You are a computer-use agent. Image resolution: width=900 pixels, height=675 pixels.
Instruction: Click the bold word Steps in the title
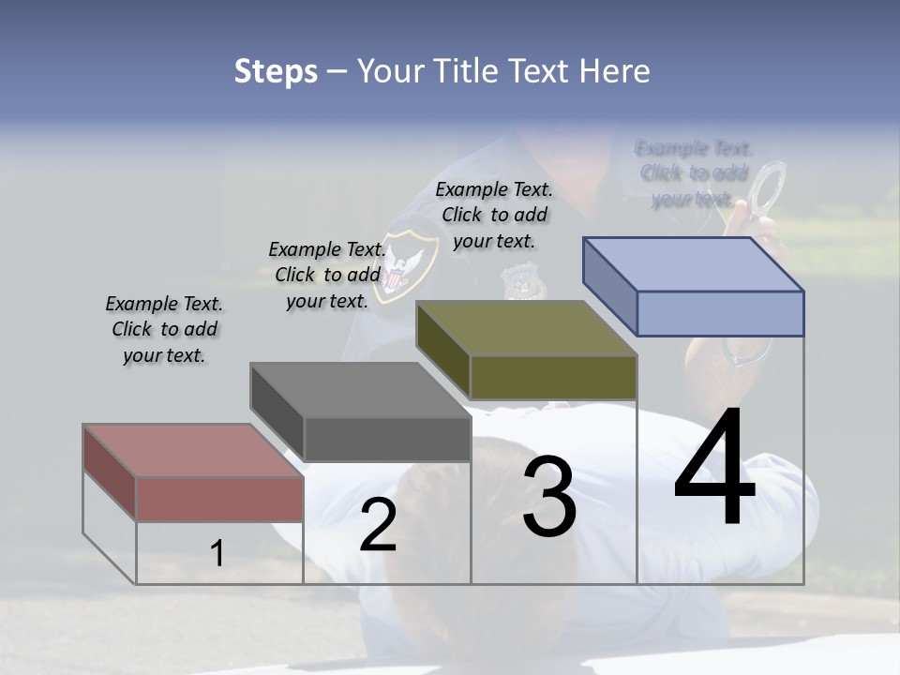click(276, 71)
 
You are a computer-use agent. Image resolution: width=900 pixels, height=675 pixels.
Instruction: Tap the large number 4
click(714, 469)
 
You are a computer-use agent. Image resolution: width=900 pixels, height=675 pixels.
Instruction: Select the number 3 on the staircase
click(549, 497)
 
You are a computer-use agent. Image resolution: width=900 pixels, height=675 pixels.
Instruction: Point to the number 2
click(379, 526)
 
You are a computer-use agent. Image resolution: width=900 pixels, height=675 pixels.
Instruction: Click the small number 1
click(217, 554)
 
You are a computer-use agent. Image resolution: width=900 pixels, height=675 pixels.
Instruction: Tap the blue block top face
click(693, 264)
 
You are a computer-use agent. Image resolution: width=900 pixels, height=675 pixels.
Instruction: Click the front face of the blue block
click(720, 313)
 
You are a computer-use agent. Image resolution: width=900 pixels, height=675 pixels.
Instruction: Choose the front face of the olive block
click(553, 377)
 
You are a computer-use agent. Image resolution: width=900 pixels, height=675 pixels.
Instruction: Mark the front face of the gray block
click(387, 439)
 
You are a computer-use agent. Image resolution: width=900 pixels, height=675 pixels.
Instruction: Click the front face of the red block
click(219, 499)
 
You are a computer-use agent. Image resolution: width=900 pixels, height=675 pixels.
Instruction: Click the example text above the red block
click(164, 329)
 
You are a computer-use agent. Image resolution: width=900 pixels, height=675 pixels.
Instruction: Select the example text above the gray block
click(327, 275)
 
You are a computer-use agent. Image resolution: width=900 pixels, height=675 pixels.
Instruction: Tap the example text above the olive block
click(494, 215)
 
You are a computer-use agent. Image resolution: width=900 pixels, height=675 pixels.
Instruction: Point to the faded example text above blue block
click(694, 173)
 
